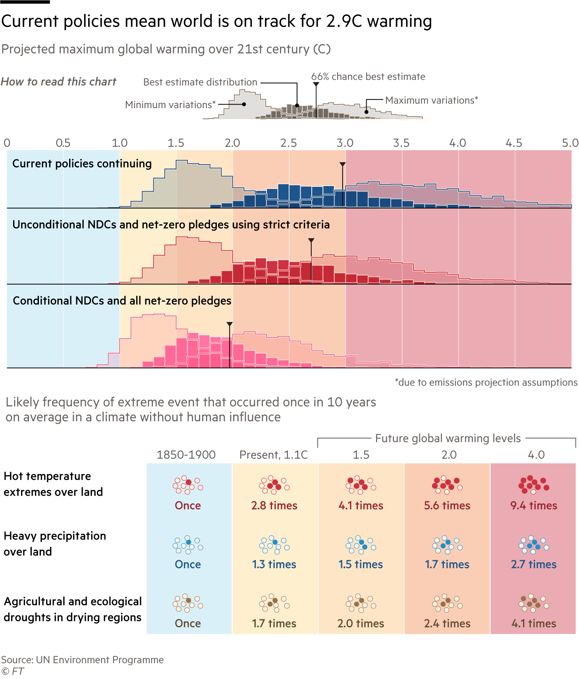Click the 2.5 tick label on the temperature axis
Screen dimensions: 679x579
pos(288,143)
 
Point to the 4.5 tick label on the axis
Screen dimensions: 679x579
pos(513,143)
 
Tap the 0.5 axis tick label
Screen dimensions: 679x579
pos(63,143)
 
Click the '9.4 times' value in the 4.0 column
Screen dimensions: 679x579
pos(534,506)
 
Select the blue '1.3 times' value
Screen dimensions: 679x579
pos(274,565)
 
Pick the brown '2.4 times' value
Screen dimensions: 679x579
pos(447,623)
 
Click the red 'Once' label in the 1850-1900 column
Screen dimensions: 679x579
pos(188,506)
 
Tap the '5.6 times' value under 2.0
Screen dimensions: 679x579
pos(447,506)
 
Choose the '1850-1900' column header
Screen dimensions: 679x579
pos(186,455)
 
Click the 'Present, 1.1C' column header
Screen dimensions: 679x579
pos(274,455)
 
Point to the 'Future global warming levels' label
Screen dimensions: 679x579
pos(448,438)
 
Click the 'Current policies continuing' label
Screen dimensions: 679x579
pos(82,164)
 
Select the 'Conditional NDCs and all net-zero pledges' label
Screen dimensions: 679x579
pos(122,301)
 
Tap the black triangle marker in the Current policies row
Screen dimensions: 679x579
pos(342,165)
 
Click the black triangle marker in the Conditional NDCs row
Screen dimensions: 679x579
pos(230,324)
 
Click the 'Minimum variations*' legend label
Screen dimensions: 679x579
pos(170,105)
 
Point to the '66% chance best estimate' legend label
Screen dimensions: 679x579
pos(368,77)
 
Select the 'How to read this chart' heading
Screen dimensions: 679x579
pos(58,82)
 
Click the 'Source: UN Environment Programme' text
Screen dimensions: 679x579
pos(83,660)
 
